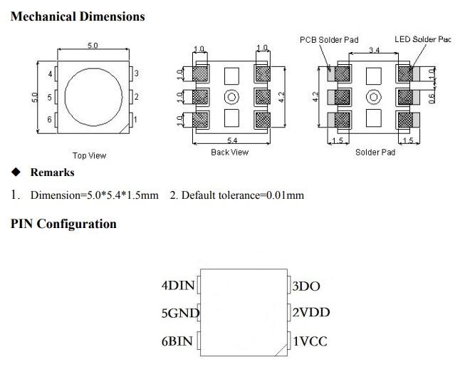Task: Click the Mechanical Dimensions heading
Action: pos(78,16)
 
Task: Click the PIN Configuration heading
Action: pos(63,224)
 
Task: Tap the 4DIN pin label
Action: pos(178,286)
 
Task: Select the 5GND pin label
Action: pos(180,313)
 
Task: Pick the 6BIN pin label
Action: pos(177,341)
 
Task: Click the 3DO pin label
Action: pos(306,286)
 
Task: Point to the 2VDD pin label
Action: pos(310,313)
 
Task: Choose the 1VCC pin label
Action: pos(310,341)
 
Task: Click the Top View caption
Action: pos(89,155)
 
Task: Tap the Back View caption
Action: pos(229,153)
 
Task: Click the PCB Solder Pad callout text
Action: pos(328,40)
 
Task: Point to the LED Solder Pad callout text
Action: pos(422,40)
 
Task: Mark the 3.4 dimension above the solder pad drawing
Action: pos(373,49)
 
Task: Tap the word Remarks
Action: pos(52,172)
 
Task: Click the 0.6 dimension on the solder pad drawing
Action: pos(432,98)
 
